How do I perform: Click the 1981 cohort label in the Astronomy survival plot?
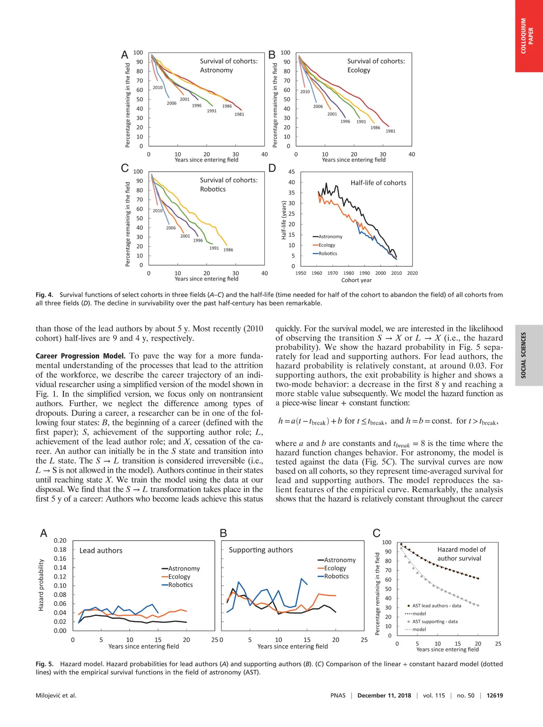point(239,115)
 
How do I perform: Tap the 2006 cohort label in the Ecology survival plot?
point(318,107)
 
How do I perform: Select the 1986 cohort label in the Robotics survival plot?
point(229,250)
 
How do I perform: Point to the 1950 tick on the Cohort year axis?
point(300,273)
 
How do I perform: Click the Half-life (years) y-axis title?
point(284,220)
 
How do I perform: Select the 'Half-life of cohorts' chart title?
point(378,183)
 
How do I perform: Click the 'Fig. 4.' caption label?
point(44,295)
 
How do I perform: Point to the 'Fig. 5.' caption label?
point(44,664)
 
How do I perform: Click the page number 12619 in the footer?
point(495,696)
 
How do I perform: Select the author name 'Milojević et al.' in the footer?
point(56,696)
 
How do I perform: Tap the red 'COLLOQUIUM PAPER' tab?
point(527,36)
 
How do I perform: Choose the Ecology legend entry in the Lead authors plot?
point(179,577)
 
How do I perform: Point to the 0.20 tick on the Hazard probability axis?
point(60,540)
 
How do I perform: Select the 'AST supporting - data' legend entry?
point(434,622)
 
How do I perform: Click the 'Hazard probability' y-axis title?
point(41,585)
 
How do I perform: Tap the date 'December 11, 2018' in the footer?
point(384,696)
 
